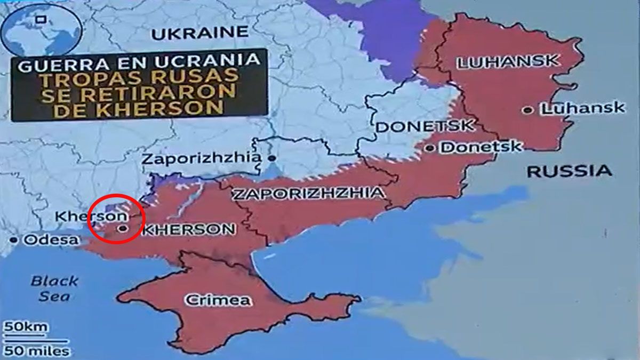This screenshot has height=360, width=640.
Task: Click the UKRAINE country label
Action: pyautogui.click(x=201, y=33)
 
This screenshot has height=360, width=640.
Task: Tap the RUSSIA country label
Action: pyautogui.click(x=569, y=171)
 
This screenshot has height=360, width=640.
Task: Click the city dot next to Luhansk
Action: pyautogui.click(x=527, y=110)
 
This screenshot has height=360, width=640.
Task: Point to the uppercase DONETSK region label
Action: pyautogui.click(x=425, y=126)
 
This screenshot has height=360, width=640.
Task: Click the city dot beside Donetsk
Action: pyautogui.click(x=430, y=148)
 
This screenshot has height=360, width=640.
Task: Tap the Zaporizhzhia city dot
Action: pyautogui.click(x=272, y=158)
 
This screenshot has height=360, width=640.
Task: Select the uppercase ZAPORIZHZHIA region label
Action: pyautogui.click(x=308, y=193)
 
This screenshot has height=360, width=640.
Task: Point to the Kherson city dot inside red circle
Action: pyautogui.click(x=124, y=228)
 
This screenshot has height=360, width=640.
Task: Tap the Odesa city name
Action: pyautogui.click(x=50, y=240)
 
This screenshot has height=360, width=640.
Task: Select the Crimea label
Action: pyautogui.click(x=217, y=300)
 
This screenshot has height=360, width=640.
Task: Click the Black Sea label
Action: pyautogui.click(x=54, y=289)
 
